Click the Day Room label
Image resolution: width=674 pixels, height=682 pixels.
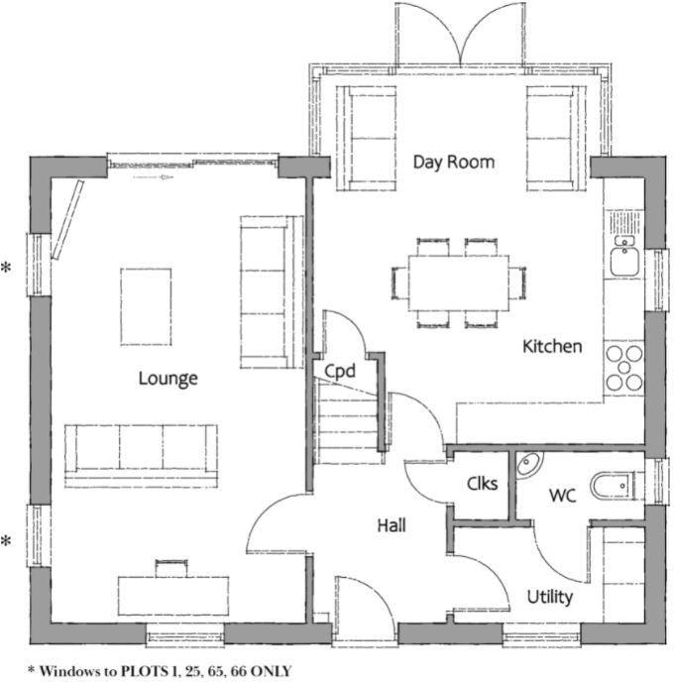(453, 162)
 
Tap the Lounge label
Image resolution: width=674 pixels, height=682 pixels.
(168, 378)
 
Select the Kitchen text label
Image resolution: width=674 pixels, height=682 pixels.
(552, 346)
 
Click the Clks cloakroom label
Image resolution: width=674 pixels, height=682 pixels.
(482, 484)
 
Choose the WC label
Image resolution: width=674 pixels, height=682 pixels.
(562, 493)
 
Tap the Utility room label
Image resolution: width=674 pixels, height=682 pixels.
(549, 597)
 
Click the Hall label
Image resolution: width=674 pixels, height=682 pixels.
(391, 524)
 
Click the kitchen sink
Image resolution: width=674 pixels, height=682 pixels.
(623, 259)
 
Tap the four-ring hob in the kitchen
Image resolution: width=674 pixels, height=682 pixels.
(624, 368)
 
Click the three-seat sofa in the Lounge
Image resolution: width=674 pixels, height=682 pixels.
(141, 453)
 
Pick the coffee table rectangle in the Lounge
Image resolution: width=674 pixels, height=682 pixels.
(146, 306)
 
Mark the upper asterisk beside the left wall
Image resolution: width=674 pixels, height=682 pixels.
(7, 268)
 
